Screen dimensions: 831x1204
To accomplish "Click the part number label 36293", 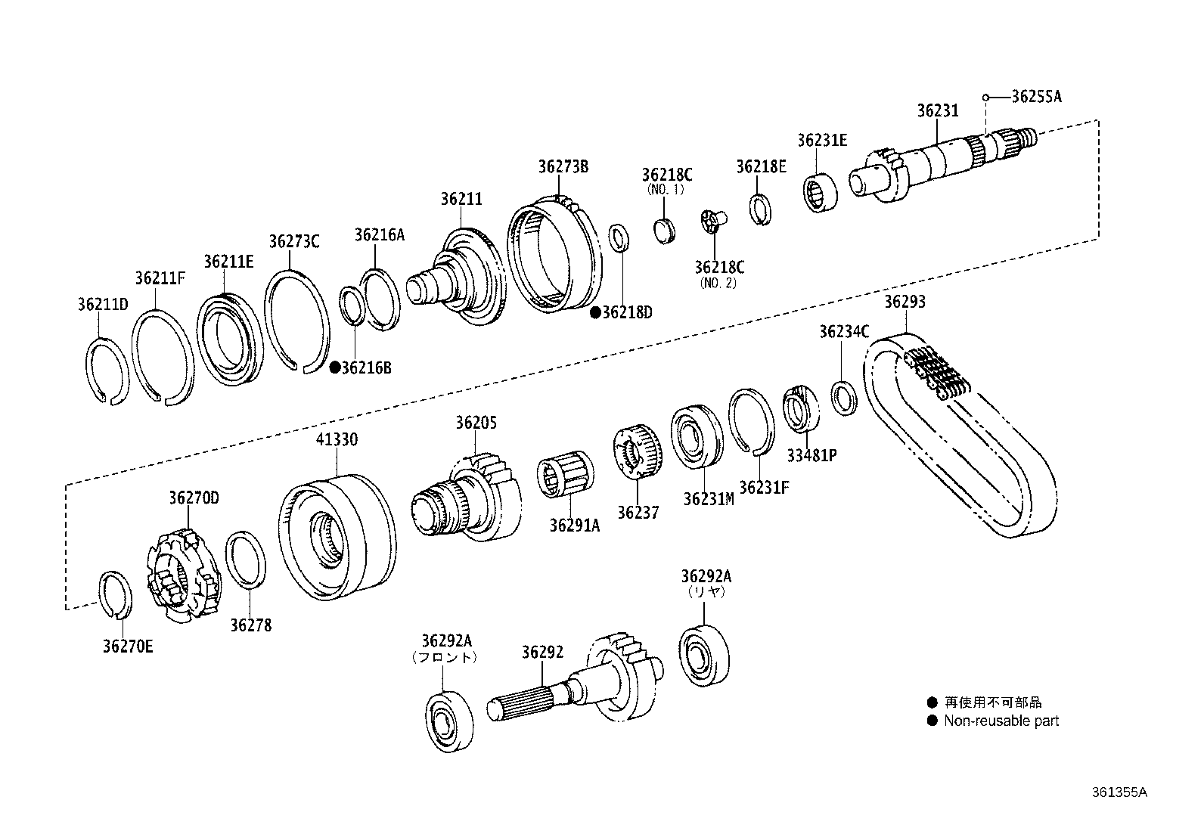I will pyautogui.click(x=905, y=302).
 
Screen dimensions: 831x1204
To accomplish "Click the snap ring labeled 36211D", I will pyautogui.click(x=105, y=370).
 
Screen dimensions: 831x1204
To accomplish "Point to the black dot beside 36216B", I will pyautogui.click(x=335, y=368).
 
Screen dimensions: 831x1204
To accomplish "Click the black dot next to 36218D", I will pyautogui.click(x=595, y=312).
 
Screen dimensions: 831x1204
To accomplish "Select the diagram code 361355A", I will pyautogui.click(x=1119, y=792).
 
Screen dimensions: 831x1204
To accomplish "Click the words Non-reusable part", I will pyautogui.click(x=1001, y=721).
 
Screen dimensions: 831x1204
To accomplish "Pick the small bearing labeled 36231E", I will pyautogui.click(x=819, y=192).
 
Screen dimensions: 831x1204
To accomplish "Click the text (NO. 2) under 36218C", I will pyautogui.click(x=718, y=284).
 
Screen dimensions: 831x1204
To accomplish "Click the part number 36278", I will pyautogui.click(x=250, y=626).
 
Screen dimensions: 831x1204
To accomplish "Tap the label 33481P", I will pyautogui.click(x=811, y=456).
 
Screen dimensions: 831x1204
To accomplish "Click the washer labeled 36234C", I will pyautogui.click(x=844, y=398).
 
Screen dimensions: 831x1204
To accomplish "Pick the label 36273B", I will pyautogui.click(x=563, y=167).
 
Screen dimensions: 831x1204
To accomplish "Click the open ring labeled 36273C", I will pyautogui.click(x=296, y=321).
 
